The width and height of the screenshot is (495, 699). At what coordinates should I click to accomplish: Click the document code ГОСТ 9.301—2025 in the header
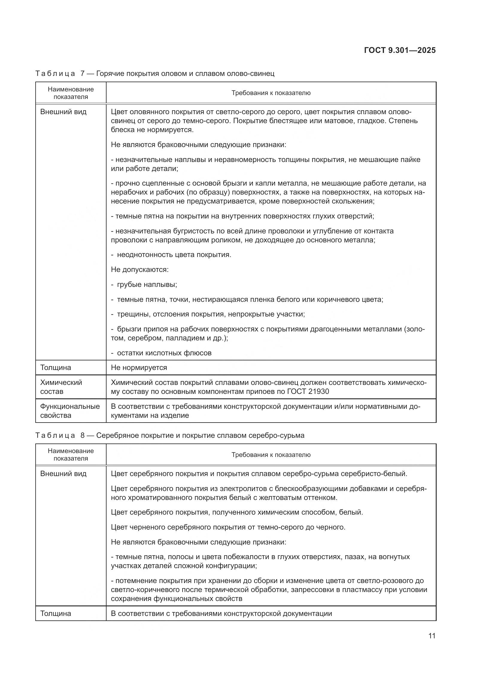(x=400, y=51)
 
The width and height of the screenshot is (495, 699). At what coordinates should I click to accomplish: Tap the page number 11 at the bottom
(x=432, y=636)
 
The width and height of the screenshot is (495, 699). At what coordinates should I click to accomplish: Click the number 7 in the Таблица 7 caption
(x=83, y=74)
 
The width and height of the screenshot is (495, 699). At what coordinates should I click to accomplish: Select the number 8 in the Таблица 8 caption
(x=83, y=436)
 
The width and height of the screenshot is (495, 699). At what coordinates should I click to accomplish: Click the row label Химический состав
(x=61, y=387)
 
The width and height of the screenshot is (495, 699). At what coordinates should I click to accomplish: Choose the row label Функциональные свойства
(x=70, y=411)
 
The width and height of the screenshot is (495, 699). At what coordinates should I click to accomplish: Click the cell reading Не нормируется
(x=139, y=368)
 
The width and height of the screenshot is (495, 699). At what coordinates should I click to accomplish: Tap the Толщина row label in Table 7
(x=55, y=368)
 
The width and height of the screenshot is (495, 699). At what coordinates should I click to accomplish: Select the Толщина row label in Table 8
(x=55, y=614)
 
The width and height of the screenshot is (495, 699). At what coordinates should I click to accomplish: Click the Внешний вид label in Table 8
(x=63, y=474)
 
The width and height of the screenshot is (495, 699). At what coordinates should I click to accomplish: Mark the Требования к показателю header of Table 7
(x=271, y=93)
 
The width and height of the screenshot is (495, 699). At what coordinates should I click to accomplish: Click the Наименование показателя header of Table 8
(x=71, y=455)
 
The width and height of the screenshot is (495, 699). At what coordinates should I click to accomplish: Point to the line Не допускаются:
(x=139, y=270)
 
